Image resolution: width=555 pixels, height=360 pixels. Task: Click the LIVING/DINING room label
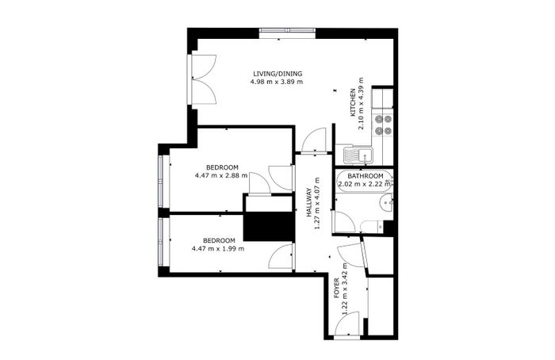click(x=277, y=74)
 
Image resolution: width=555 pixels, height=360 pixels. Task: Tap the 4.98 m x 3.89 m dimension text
click(x=277, y=82)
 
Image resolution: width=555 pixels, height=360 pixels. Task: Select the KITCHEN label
click(x=353, y=102)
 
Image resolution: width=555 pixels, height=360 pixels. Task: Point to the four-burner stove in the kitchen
click(x=383, y=125)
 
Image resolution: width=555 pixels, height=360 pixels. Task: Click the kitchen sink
click(x=358, y=155)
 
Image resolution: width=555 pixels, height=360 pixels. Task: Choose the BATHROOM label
click(x=366, y=176)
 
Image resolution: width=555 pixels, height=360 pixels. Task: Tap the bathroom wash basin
click(x=386, y=203)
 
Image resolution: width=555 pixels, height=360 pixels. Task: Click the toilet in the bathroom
click(x=371, y=226)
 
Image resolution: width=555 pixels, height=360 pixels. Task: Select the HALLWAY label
click(x=309, y=202)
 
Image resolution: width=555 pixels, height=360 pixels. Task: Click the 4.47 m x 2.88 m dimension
click(x=221, y=175)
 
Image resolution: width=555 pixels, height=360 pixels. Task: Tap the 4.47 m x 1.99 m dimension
click(x=218, y=248)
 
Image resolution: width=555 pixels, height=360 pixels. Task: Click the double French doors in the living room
click(x=203, y=79)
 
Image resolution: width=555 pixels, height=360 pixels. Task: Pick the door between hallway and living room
click(x=314, y=140)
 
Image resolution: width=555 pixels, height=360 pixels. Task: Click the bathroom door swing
click(x=343, y=222)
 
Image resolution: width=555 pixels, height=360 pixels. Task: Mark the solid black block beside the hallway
click(x=269, y=227)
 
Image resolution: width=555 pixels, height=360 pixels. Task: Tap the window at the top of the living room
click(x=287, y=33)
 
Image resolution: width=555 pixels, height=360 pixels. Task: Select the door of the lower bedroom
click(x=281, y=256)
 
